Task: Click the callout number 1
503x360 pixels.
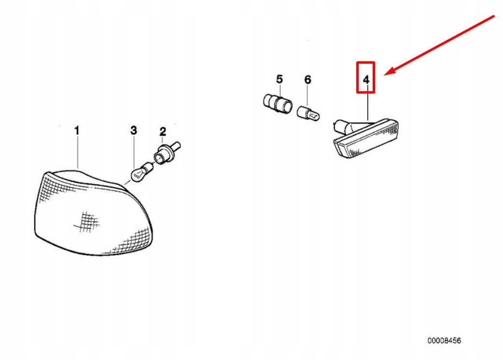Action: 77,130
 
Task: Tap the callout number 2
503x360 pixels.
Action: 163,131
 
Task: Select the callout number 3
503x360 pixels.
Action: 133,130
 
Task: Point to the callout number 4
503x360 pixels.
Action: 366,80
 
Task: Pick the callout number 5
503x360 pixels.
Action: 279,79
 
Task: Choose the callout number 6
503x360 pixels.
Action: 307,79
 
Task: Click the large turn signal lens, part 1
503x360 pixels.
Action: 93,213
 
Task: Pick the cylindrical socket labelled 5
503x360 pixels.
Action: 278,103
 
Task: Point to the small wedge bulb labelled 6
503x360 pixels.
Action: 308,114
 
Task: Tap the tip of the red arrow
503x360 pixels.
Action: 385,75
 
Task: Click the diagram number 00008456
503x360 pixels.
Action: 444,340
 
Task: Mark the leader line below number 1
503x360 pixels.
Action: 77,152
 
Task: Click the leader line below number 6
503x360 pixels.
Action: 307,95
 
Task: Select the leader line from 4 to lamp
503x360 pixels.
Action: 368,103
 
